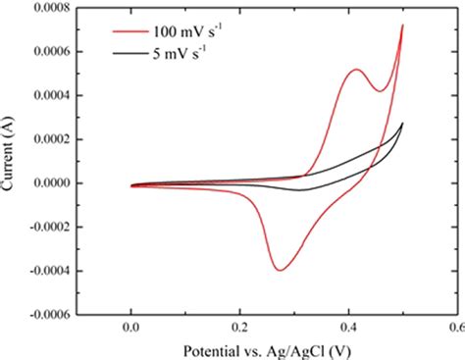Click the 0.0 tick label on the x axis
[x=130, y=331]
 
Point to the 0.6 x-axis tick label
[x=454, y=331]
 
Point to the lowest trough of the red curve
[x=280, y=270]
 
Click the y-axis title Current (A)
[x=11, y=162]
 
